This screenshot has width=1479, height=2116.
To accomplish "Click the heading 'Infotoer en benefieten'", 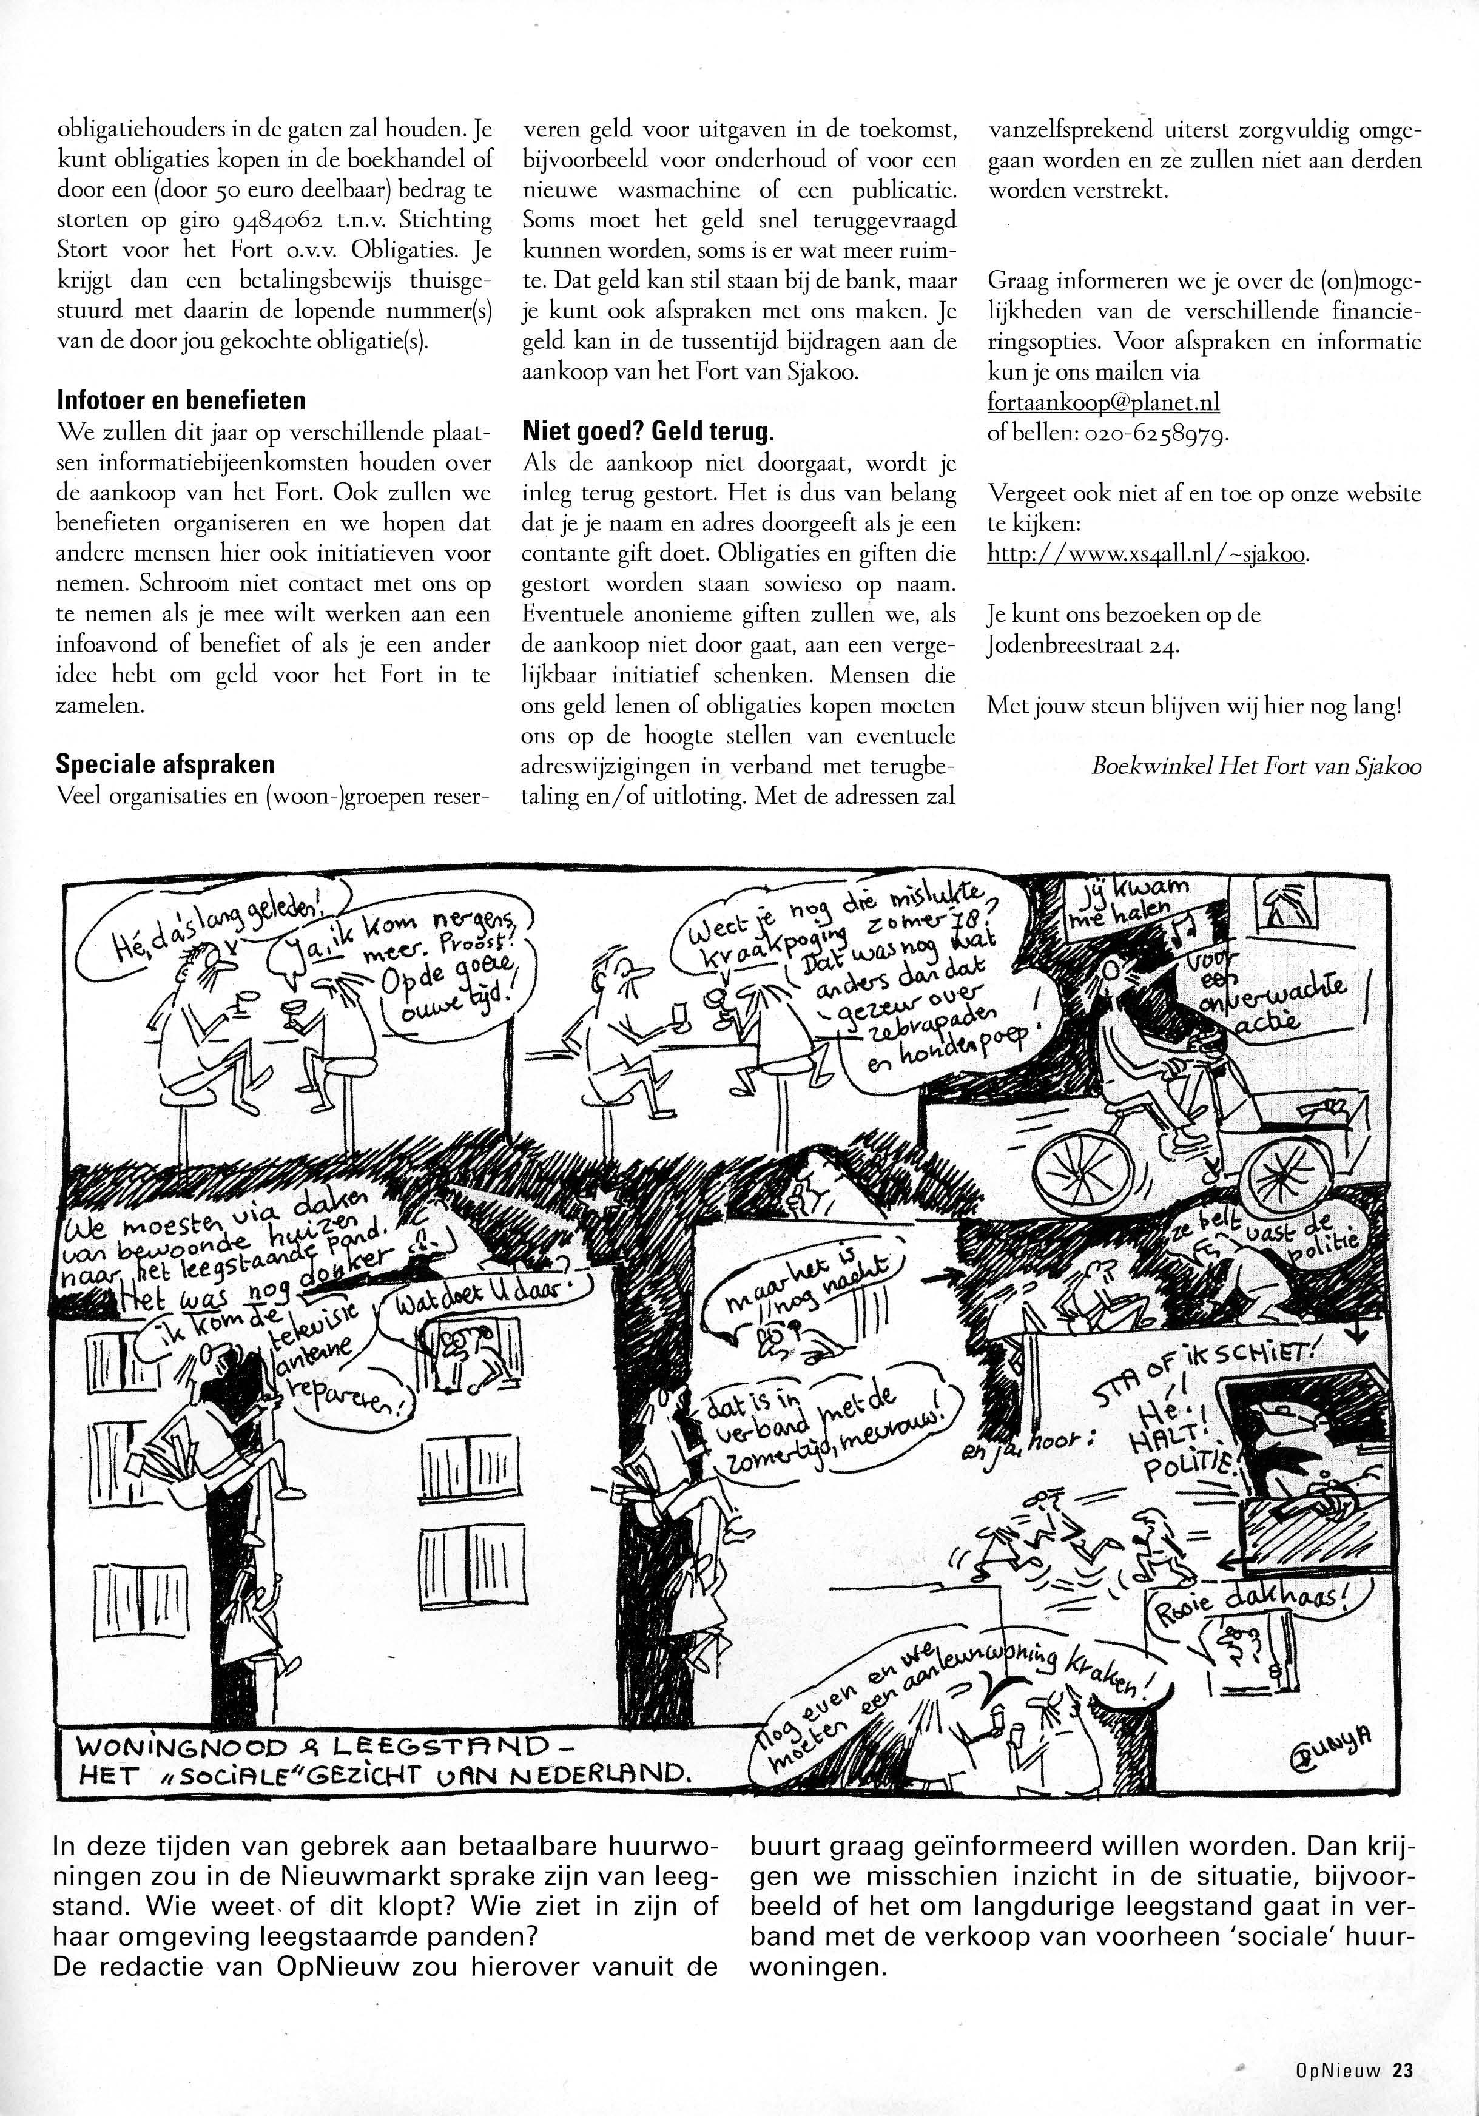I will (181, 402).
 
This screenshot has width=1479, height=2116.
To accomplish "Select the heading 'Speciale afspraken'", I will (165, 765).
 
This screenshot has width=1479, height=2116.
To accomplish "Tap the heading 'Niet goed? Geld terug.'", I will (649, 432).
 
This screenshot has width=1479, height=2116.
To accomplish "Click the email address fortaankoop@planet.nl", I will (1103, 403).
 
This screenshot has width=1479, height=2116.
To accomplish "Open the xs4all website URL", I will (1147, 554).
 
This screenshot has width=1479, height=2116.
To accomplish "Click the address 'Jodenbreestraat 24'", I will (1083, 645).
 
